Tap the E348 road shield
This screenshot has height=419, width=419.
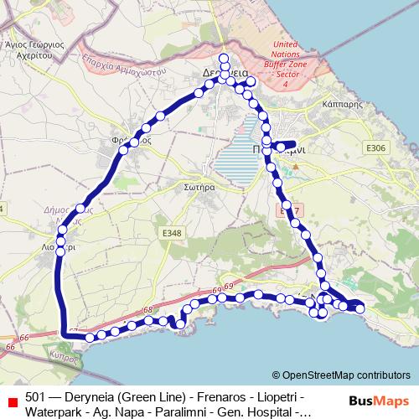[172, 232]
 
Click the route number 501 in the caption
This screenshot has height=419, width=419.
[35, 396]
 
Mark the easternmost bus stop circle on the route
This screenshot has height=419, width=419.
[360, 309]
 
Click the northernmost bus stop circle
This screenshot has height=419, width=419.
[224, 58]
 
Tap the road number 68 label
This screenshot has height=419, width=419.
[148, 309]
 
